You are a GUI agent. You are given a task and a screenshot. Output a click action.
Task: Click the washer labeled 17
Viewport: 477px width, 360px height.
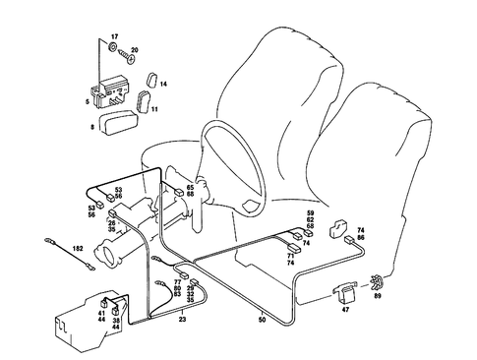tap(112, 47)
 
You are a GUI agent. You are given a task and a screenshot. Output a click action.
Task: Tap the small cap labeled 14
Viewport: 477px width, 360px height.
tap(151, 80)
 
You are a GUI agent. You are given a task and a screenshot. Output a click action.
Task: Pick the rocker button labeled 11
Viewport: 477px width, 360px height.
tap(143, 102)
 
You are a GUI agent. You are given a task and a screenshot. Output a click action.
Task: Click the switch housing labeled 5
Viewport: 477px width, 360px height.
tap(110, 91)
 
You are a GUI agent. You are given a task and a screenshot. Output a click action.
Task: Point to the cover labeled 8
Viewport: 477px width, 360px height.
tap(117, 122)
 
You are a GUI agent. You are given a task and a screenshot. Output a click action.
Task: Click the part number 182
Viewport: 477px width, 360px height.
tap(78, 248)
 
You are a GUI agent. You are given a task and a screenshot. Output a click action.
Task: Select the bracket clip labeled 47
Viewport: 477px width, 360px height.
tap(345, 293)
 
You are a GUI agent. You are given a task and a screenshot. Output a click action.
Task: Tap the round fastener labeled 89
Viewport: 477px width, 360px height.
tap(377, 282)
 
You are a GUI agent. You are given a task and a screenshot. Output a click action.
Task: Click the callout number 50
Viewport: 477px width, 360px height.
tap(262, 320)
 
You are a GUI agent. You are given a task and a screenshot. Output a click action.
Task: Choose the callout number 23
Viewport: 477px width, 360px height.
tap(183, 319)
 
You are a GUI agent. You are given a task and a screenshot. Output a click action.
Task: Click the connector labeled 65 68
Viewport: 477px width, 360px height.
tap(179, 193)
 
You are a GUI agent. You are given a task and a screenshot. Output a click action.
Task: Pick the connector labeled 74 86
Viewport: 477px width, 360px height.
tap(349, 239)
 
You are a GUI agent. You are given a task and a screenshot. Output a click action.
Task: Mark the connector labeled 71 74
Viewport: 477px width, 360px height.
tap(294, 248)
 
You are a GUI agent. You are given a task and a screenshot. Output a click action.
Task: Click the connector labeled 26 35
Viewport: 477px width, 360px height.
tap(112, 212)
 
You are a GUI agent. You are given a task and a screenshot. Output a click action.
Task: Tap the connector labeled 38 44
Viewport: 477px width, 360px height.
tap(116, 310)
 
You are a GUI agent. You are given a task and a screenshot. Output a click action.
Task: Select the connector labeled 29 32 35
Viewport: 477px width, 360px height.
tap(195, 281)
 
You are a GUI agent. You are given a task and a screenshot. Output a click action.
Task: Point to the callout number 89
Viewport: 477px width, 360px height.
tap(378, 296)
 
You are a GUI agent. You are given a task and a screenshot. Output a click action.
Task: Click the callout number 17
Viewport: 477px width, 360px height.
tap(114, 36)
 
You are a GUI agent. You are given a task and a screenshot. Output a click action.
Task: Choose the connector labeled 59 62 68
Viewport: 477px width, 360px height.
tap(309, 234)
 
